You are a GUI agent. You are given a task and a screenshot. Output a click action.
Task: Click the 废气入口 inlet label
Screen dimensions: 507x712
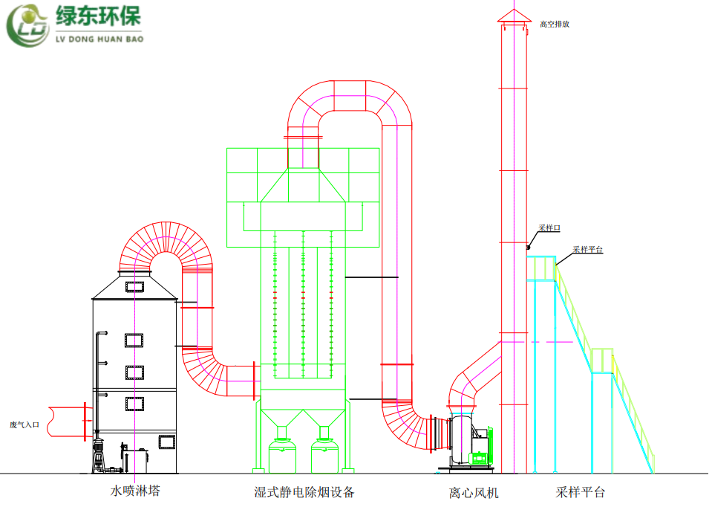tap(24, 424)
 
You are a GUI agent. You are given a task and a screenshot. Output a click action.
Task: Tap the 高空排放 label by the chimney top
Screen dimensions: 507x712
tap(555, 24)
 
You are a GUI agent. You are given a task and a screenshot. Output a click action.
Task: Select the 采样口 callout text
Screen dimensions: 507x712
tap(549, 228)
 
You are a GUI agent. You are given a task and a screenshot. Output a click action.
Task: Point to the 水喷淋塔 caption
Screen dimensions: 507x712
tap(135, 491)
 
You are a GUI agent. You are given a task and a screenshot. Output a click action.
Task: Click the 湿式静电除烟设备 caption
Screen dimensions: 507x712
tap(304, 491)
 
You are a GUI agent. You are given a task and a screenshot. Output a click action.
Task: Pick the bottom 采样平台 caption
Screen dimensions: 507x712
tap(581, 491)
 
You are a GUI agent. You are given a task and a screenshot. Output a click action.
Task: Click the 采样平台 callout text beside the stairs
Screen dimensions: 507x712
tap(587, 250)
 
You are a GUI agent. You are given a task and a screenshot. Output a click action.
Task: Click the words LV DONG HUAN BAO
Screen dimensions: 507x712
tap(99, 39)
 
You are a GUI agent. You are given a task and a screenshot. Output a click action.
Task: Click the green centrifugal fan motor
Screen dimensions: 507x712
tap(481, 446)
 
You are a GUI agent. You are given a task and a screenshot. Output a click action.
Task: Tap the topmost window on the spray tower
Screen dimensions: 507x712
tap(134, 285)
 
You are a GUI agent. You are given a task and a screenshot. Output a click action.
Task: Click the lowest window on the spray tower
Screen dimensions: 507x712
tap(167, 442)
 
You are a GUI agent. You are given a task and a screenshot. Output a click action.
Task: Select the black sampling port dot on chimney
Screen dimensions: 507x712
tap(528, 247)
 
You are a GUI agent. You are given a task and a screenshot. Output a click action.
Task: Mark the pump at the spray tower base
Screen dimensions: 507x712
tap(99, 454)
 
